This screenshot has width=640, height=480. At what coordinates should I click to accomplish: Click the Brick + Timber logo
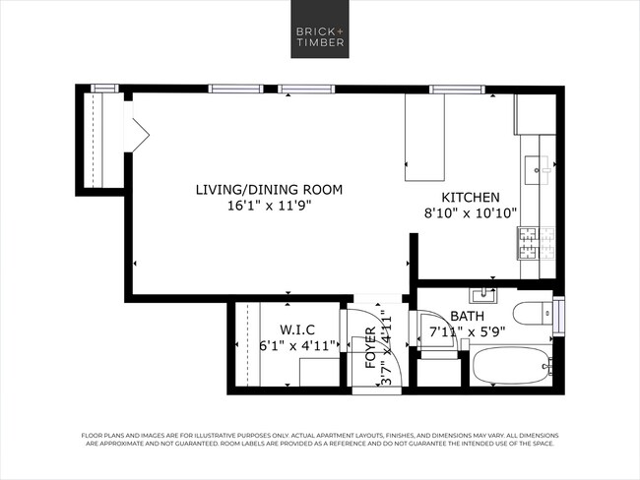coord(319,36)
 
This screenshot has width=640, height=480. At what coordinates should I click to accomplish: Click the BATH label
coord(467,317)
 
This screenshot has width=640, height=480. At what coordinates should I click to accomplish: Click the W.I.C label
coord(297,329)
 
